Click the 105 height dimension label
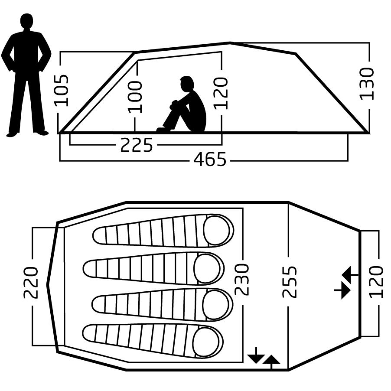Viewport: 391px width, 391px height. click(62, 90)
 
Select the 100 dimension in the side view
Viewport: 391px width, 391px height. click(135, 97)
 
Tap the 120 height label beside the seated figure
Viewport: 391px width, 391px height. click(221, 94)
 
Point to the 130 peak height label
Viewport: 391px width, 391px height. click(368, 84)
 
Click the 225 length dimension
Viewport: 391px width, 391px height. click(137, 145)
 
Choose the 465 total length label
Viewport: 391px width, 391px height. click(210, 159)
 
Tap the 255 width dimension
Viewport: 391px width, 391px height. click(290, 282)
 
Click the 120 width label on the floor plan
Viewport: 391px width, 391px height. click(376, 282)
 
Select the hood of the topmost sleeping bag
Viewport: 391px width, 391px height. click(216, 230)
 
